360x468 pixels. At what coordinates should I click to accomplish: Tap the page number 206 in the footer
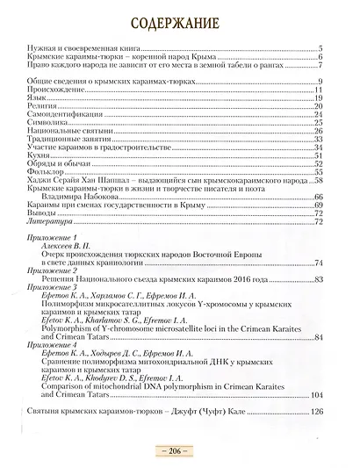179,449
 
